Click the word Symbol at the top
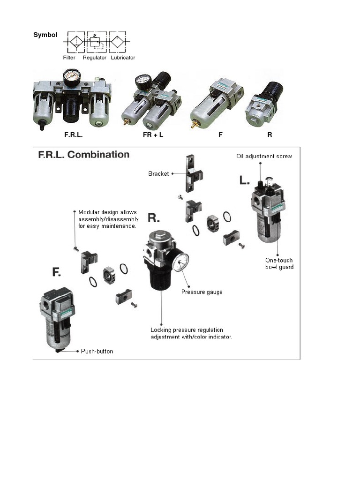click(x=45, y=35)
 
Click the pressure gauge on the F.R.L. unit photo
click(x=72, y=77)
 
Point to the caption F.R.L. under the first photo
click(x=74, y=135)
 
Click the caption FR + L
click(x=153, y=135)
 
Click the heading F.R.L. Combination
click(x=83, y=155)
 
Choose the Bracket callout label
click(x=158, y=173)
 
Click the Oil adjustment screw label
click(x=264, y=156)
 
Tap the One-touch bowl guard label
click(x=279, y=263)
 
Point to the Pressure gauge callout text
click(x=202, y=292)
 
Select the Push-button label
click(x=97, y=351)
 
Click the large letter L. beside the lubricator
click(x=245, y=180)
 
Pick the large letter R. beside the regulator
click(x=154, y=217)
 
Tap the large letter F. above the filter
click(x=56, y=272)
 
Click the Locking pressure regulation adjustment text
click(x=191, y=333)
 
